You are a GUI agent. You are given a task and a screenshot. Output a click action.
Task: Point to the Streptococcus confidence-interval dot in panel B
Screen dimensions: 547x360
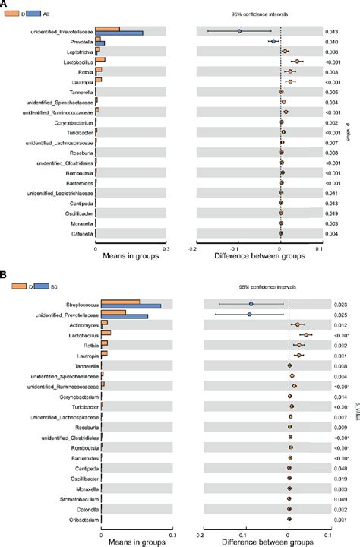[x=251, y=304]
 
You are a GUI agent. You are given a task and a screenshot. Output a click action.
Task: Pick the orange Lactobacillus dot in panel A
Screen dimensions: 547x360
[x=298, y=62]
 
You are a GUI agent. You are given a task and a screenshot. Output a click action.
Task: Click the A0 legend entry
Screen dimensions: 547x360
[x=45, y=14]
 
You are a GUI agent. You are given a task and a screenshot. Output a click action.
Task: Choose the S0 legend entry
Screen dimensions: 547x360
[x=45, y=287]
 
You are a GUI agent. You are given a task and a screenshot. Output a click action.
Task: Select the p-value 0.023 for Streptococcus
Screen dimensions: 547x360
[x=342, y=304]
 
